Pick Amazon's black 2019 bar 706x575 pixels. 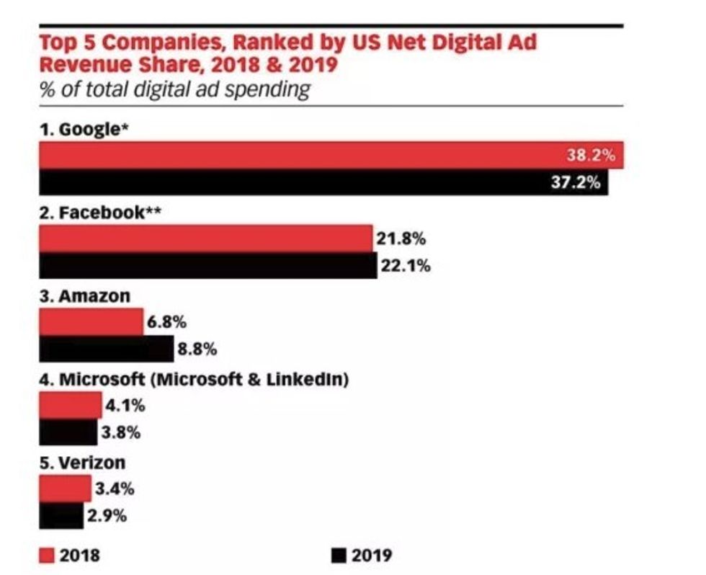click(106, 349)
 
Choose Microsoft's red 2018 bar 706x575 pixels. click(70, 406)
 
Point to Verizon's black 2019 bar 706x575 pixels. click(61, 515)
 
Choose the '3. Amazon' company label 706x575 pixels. click(84, 296)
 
